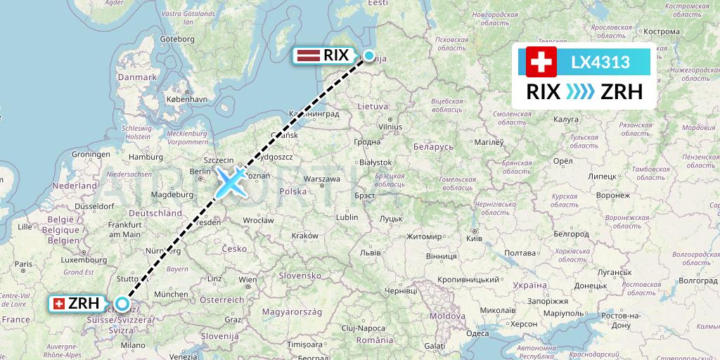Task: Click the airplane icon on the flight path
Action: pos(231,181)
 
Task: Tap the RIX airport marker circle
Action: pos(368,56)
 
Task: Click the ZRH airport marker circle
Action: pos(122,304)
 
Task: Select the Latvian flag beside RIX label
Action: pos(309,56)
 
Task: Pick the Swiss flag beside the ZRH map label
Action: pos(59,304)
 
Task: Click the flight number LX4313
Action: pos(600,62)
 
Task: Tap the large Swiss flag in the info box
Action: pos(541,63)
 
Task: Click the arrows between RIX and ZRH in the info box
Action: pos(579,92)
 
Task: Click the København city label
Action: pos(186,99)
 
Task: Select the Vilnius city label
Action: pos(390,126)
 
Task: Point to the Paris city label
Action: pos(24,264)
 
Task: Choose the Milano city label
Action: pos(133,345)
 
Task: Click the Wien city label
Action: pos(247,279)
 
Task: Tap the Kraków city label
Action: pos(304,235)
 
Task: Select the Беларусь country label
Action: pos(435,147)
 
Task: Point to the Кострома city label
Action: pos(662,32)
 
